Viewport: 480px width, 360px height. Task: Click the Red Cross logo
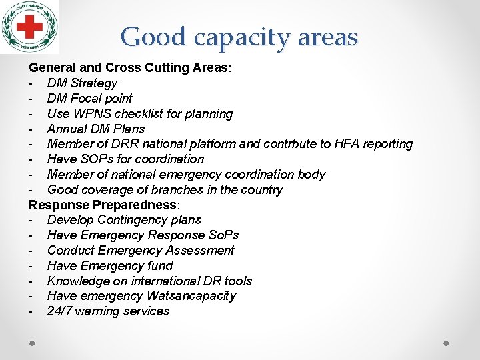click(30, 27)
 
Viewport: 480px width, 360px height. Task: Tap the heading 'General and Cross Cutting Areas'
click(129, 68)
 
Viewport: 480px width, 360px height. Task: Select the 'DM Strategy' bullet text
click(82, 83)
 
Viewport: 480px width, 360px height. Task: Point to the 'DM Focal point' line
click(90, 99)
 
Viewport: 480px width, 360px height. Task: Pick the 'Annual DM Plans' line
click(96, 129)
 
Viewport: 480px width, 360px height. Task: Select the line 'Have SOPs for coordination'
click(125, 159)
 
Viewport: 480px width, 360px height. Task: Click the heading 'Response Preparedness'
click(103, 205)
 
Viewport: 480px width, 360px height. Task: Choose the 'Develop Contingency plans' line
click(124, 220)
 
